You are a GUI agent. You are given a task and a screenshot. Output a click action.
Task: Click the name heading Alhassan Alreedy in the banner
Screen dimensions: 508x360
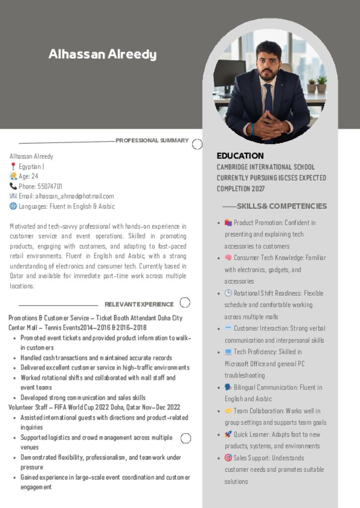click(x=102, y=55)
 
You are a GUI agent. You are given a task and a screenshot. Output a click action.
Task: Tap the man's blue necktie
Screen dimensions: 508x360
click(x=268, y=99)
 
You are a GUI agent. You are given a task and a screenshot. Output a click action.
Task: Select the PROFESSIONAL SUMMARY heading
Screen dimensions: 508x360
click(x=152, y=140)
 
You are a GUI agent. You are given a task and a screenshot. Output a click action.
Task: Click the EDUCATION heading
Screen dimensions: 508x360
click(x=240, y=156)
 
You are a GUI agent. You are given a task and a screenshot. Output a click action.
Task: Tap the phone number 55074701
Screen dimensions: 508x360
click(x=50, y=187)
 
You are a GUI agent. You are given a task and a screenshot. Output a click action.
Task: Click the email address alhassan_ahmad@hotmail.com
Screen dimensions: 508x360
click(x=74, y=196)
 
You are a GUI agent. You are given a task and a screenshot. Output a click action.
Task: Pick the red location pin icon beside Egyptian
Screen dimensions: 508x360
click(x=13, y=167)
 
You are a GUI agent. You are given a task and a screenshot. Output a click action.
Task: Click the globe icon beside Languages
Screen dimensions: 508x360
click(x=13, y=206)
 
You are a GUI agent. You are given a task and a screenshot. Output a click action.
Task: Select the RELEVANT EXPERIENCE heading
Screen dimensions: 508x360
click(x=139, y=304)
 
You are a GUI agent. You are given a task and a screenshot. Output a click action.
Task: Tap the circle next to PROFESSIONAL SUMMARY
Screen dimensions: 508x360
click(x=197, y=144)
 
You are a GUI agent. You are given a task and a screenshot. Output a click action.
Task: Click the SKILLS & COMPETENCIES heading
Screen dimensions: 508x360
click(x=282, y=206)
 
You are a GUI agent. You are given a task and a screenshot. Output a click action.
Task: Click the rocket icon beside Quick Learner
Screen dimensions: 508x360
click(x=228, y=435)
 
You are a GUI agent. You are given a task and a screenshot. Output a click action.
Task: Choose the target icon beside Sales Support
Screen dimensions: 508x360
click(x=228, y=458)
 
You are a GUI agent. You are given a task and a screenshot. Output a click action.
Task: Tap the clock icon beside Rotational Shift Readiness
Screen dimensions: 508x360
click(x=228, y=293)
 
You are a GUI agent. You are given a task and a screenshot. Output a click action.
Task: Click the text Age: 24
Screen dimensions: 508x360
click(x=28, y=177)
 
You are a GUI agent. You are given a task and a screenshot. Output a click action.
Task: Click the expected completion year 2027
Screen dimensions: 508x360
click(x=258, y=189)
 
